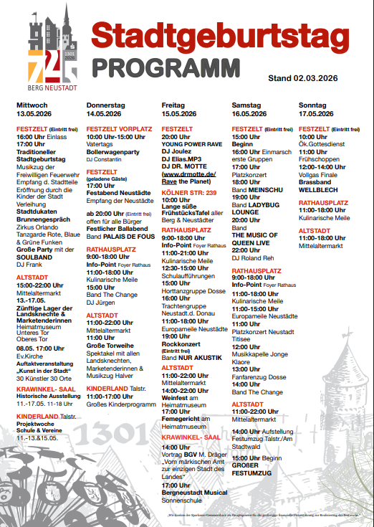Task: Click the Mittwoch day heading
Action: tap(32, 105)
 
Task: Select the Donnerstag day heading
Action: tap(105, 105)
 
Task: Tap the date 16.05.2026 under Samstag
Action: tap(249, 113)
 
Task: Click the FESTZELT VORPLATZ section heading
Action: tap(119, 129)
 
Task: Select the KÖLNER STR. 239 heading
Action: tap(189, 193)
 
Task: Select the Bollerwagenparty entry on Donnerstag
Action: tap(112, 151)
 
